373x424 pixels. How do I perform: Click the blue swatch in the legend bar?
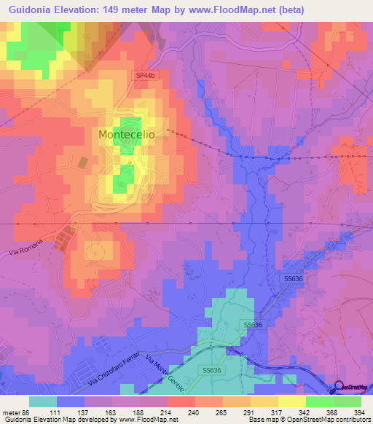pos(71,401)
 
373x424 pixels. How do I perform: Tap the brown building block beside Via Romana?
pos(64,237)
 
